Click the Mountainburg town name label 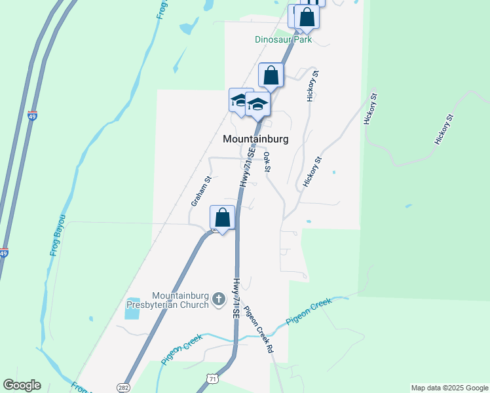pyautogui.click(x=255, y=139)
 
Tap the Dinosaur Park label pyautogui.click(x=283, y=39)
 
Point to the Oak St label pyautogui.click(x=267, y=162)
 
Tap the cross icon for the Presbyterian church pyautogui.click(x=219, y=299)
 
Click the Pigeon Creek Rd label pyautogui.click(x=258, y=330)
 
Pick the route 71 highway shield pyautogui.click(x=211, y=379)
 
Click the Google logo pyautogui.click(x=22, y=385)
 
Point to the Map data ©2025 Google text pyautogui.click(x=449, y=388)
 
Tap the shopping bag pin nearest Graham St pyautogui.click(x=222, y=217)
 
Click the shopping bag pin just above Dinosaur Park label pyautogui.click(x=306, y=18)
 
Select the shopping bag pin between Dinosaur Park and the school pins pyautogui.click(x=271, y=75)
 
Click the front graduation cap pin pyautogui.click(x=257, y=104)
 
